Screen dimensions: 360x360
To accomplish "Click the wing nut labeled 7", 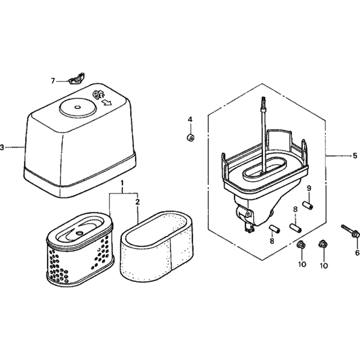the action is [x=76, y=78].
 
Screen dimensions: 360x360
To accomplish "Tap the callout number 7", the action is [x=53, y=81].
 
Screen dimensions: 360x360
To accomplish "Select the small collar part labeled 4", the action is [x=190, y=138].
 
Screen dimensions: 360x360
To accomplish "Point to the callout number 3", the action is [x=2, y=147].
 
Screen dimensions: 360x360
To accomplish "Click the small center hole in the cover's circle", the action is [x=77, y=107].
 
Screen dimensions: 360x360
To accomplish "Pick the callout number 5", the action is [x=355, y=156].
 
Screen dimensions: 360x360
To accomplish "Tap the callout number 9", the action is [x=309, y=188].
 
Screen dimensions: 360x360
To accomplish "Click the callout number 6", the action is [x=357, y=253].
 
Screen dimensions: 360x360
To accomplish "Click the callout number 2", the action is [x=137, y=202].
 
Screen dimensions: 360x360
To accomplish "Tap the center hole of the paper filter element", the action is [x=79, y=233].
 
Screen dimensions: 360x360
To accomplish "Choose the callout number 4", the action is [x=190, y=120].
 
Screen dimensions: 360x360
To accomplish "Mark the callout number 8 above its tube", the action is [x=295, y=209].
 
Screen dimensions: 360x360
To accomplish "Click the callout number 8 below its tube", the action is [x=272, y=241].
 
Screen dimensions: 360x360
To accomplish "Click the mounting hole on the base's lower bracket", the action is [x=248, y=214].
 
